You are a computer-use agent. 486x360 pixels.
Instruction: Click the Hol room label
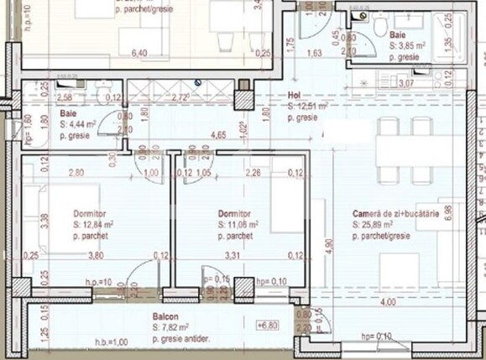point(295,95)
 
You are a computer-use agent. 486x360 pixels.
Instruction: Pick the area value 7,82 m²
point(175,326)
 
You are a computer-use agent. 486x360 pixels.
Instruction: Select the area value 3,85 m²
point(410,47)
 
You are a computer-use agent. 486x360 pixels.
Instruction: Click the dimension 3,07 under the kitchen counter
point(405,83)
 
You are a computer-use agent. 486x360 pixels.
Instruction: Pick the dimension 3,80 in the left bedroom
point(97,256)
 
